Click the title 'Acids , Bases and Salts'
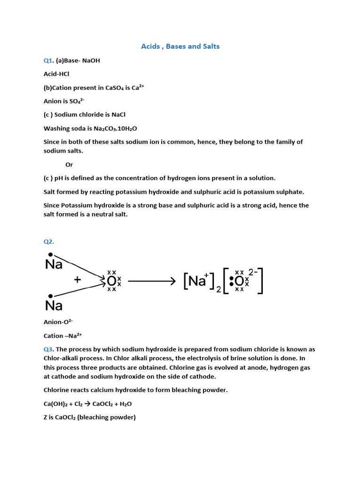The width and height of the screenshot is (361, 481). (x=180, y=47)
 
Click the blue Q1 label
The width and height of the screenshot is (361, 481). (x=48, y=61)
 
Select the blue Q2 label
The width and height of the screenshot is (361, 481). (x=48, y=241)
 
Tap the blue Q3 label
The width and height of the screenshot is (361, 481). (x=48, y=349)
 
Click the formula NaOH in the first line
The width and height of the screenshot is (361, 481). (x=91, y=61)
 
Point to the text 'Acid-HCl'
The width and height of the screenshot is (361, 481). (x=56, y=74)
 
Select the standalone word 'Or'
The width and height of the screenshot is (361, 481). (x=69, y=165)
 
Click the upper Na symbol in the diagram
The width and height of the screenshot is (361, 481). (x=54, y=265)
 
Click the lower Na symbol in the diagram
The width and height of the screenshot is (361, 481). (x=54, y=306)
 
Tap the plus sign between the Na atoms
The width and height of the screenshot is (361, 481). (x=78, y=280)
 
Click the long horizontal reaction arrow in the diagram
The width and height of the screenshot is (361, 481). (x=151, y=281)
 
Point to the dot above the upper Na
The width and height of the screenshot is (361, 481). (x=50, y=255)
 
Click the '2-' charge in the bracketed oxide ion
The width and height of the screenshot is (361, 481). (x=253, y=272)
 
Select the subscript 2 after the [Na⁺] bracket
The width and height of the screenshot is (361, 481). (x=219, y=290)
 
